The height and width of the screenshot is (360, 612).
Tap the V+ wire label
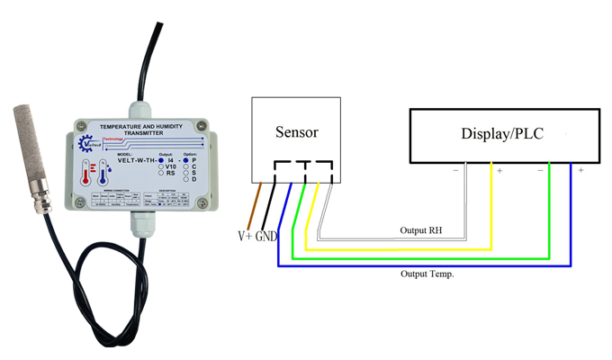(244, 237)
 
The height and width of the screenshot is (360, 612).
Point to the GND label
(267, 237)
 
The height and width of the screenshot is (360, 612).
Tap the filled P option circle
(186, 159)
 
